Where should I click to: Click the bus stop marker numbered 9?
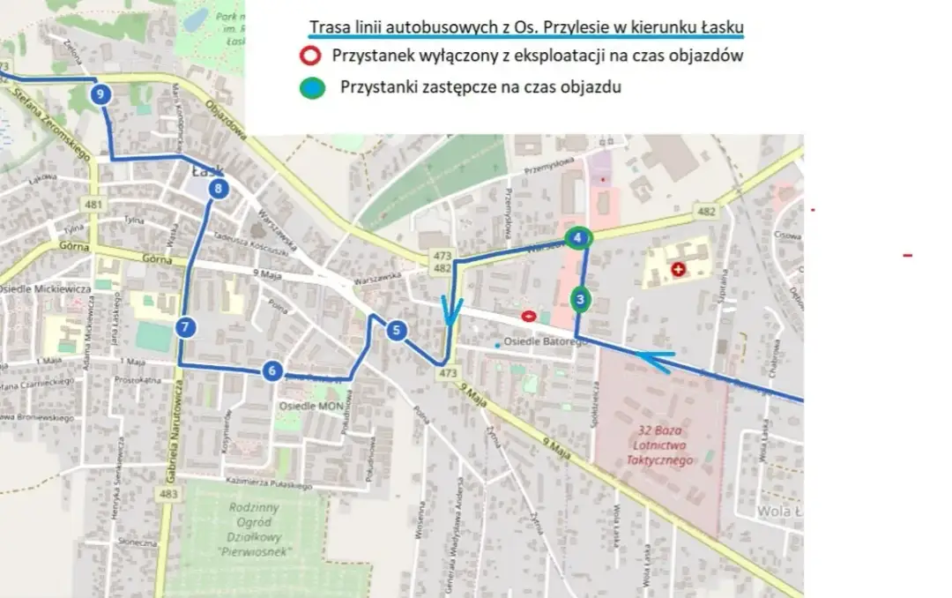tap(101, 93)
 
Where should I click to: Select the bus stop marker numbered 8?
tap(219, 188)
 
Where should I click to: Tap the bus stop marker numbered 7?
tap(184, 327)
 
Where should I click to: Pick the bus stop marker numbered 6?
tap(272, 370)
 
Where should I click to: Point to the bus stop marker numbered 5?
tap(397, 331)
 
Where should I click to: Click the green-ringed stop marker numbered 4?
tap(578, 237)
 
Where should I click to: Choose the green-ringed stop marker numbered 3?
tap(580, 300)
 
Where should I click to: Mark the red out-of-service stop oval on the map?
tap(529, 315)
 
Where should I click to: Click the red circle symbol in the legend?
tap(309, 56)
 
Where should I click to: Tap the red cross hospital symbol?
tap(678, 269)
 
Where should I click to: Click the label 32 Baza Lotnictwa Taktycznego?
tap(660, 445)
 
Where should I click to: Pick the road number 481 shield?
tap(94, 206)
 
